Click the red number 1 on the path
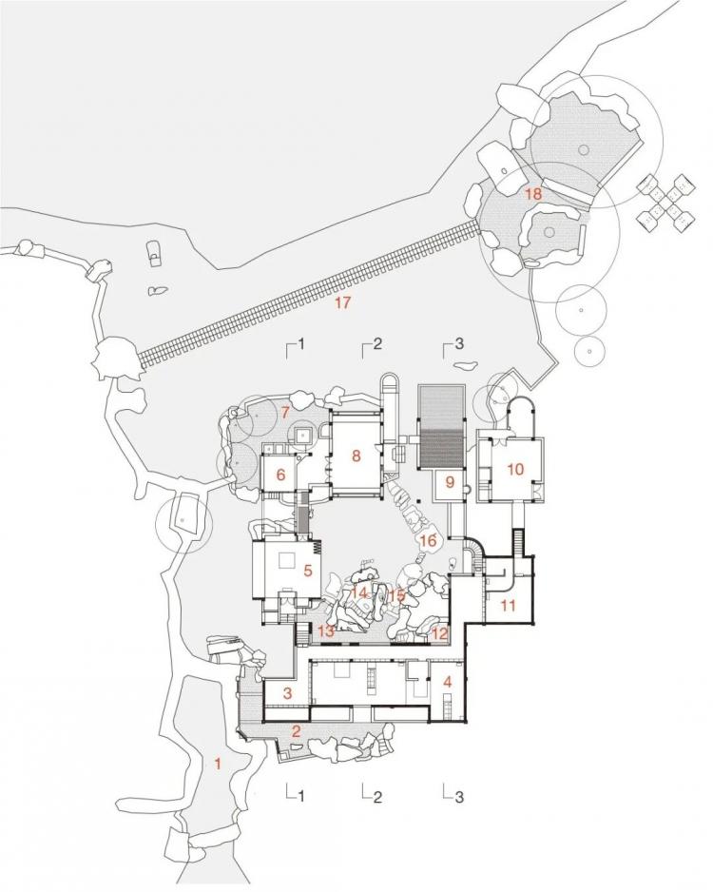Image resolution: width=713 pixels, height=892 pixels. (217, 763)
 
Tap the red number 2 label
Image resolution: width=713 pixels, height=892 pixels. (296, 731)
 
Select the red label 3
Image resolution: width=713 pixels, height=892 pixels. (288, 693)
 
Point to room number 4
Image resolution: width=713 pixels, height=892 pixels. (448, 682)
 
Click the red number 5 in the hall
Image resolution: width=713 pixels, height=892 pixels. (308, 570)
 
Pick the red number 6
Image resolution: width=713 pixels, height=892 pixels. (280, 475)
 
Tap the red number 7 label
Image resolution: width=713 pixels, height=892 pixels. (285, 412)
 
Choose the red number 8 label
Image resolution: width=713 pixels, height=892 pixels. (356, 456)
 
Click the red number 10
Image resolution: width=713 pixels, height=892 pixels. (515, 470)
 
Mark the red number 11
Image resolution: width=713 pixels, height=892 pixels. (508, 605)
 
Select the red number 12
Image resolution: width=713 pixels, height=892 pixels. (440, 632)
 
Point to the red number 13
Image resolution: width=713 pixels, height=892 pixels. (325, 630)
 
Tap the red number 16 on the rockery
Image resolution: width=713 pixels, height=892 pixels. (428, 540)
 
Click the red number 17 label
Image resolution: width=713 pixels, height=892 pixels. (342, 302)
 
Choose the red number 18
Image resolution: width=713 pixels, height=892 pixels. (532, 193)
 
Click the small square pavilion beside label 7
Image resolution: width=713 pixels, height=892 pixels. (304, 436)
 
